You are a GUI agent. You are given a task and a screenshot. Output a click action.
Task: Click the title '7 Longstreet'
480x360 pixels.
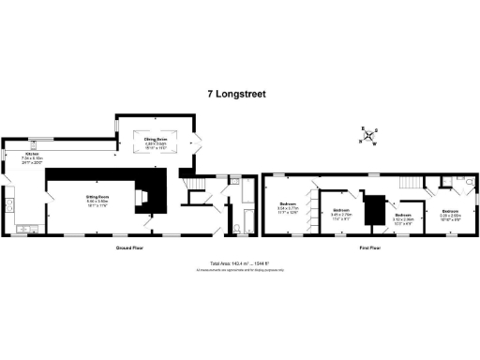239,94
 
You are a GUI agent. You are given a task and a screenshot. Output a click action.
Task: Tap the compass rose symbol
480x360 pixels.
368,136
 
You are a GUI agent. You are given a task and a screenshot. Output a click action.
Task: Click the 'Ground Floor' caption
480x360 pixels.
128,247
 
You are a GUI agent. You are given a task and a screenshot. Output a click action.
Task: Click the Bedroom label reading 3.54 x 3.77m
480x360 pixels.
289,208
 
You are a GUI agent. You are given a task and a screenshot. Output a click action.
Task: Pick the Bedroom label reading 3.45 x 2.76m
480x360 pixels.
339,213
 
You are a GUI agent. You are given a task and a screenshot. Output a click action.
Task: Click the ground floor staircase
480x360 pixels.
189,183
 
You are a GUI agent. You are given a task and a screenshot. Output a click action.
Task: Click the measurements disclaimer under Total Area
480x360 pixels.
239,270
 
